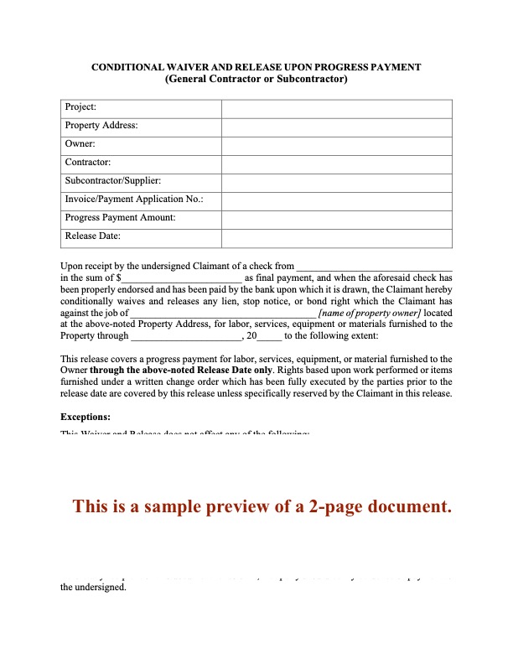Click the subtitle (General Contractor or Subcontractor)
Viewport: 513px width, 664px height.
point(256,80)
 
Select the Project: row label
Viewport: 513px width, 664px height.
point(80,107)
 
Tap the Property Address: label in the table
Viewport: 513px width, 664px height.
point(101,126)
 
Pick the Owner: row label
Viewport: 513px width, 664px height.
point(80,144)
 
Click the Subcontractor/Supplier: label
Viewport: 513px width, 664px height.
point(113,181)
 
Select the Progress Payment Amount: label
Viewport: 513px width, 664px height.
point(120,218)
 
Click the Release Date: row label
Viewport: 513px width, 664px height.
point(92,236)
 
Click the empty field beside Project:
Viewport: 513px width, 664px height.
point(337,108)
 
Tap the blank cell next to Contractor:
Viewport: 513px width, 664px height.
point(337,163)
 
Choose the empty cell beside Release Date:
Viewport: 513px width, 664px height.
point(337,237)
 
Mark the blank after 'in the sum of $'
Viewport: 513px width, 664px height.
point(182,278)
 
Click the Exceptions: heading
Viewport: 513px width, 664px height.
point(85,417)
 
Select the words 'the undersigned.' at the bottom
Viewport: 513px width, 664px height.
point(93,588)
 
